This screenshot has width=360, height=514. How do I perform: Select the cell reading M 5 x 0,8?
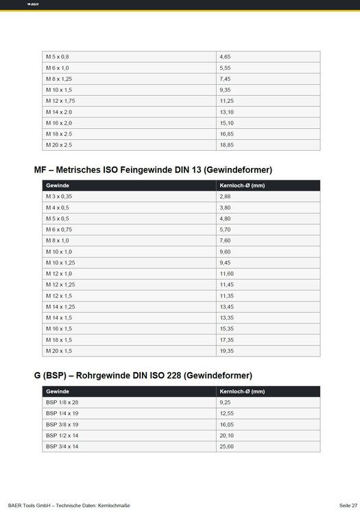click(x=58, y=57)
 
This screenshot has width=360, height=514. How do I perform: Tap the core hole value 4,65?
click(x=226, y=57)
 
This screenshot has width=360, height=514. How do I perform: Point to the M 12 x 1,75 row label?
click(x=60, y=101)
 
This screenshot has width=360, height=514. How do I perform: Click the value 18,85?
click(x=227, y=145)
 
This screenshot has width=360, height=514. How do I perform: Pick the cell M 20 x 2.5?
click(x=59, y=145)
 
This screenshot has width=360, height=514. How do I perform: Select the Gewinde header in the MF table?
click(x=58, y=185)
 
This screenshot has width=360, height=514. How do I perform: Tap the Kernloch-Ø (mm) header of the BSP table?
click(x=241, y=391)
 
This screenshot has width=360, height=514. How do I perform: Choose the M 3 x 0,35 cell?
click(x=60, y=197)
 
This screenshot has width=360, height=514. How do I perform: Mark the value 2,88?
click(x=226, y=197)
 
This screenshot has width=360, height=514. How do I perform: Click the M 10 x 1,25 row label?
click(x=60, y=262)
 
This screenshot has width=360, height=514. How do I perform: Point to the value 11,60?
click(x=227, y=273)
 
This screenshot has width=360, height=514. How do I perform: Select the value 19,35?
click(x=227, y=351)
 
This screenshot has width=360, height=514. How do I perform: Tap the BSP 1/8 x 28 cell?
click(x=62, y=402)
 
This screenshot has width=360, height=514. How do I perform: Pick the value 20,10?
click(x=227, y=435)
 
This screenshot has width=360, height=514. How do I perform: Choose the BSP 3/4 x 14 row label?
click(x=62, y=446)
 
